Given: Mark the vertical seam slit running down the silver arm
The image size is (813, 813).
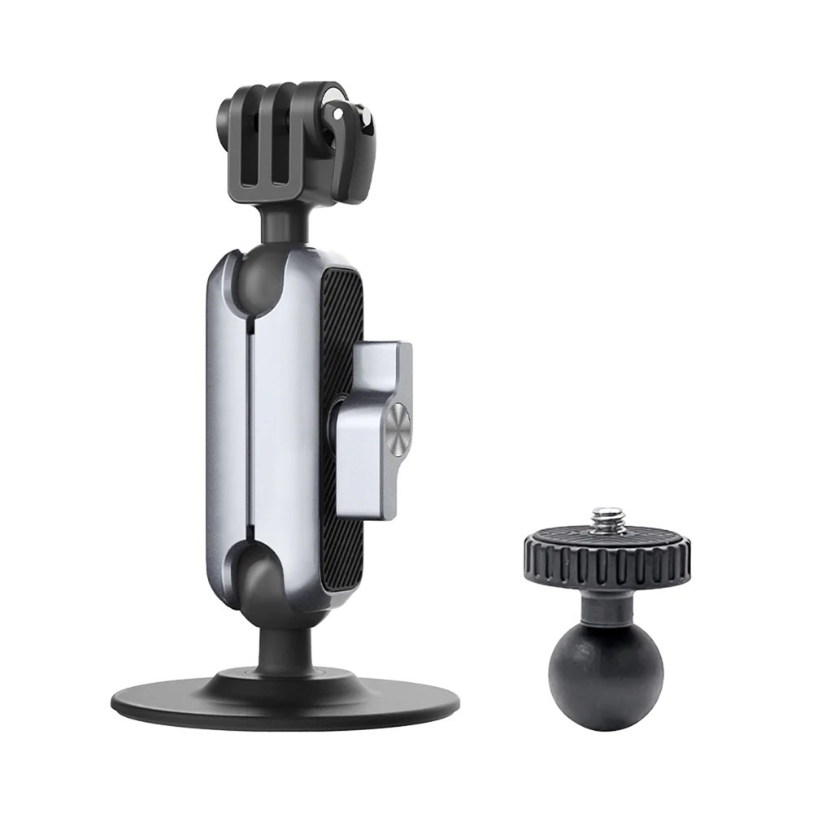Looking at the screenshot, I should pos(246,423).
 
